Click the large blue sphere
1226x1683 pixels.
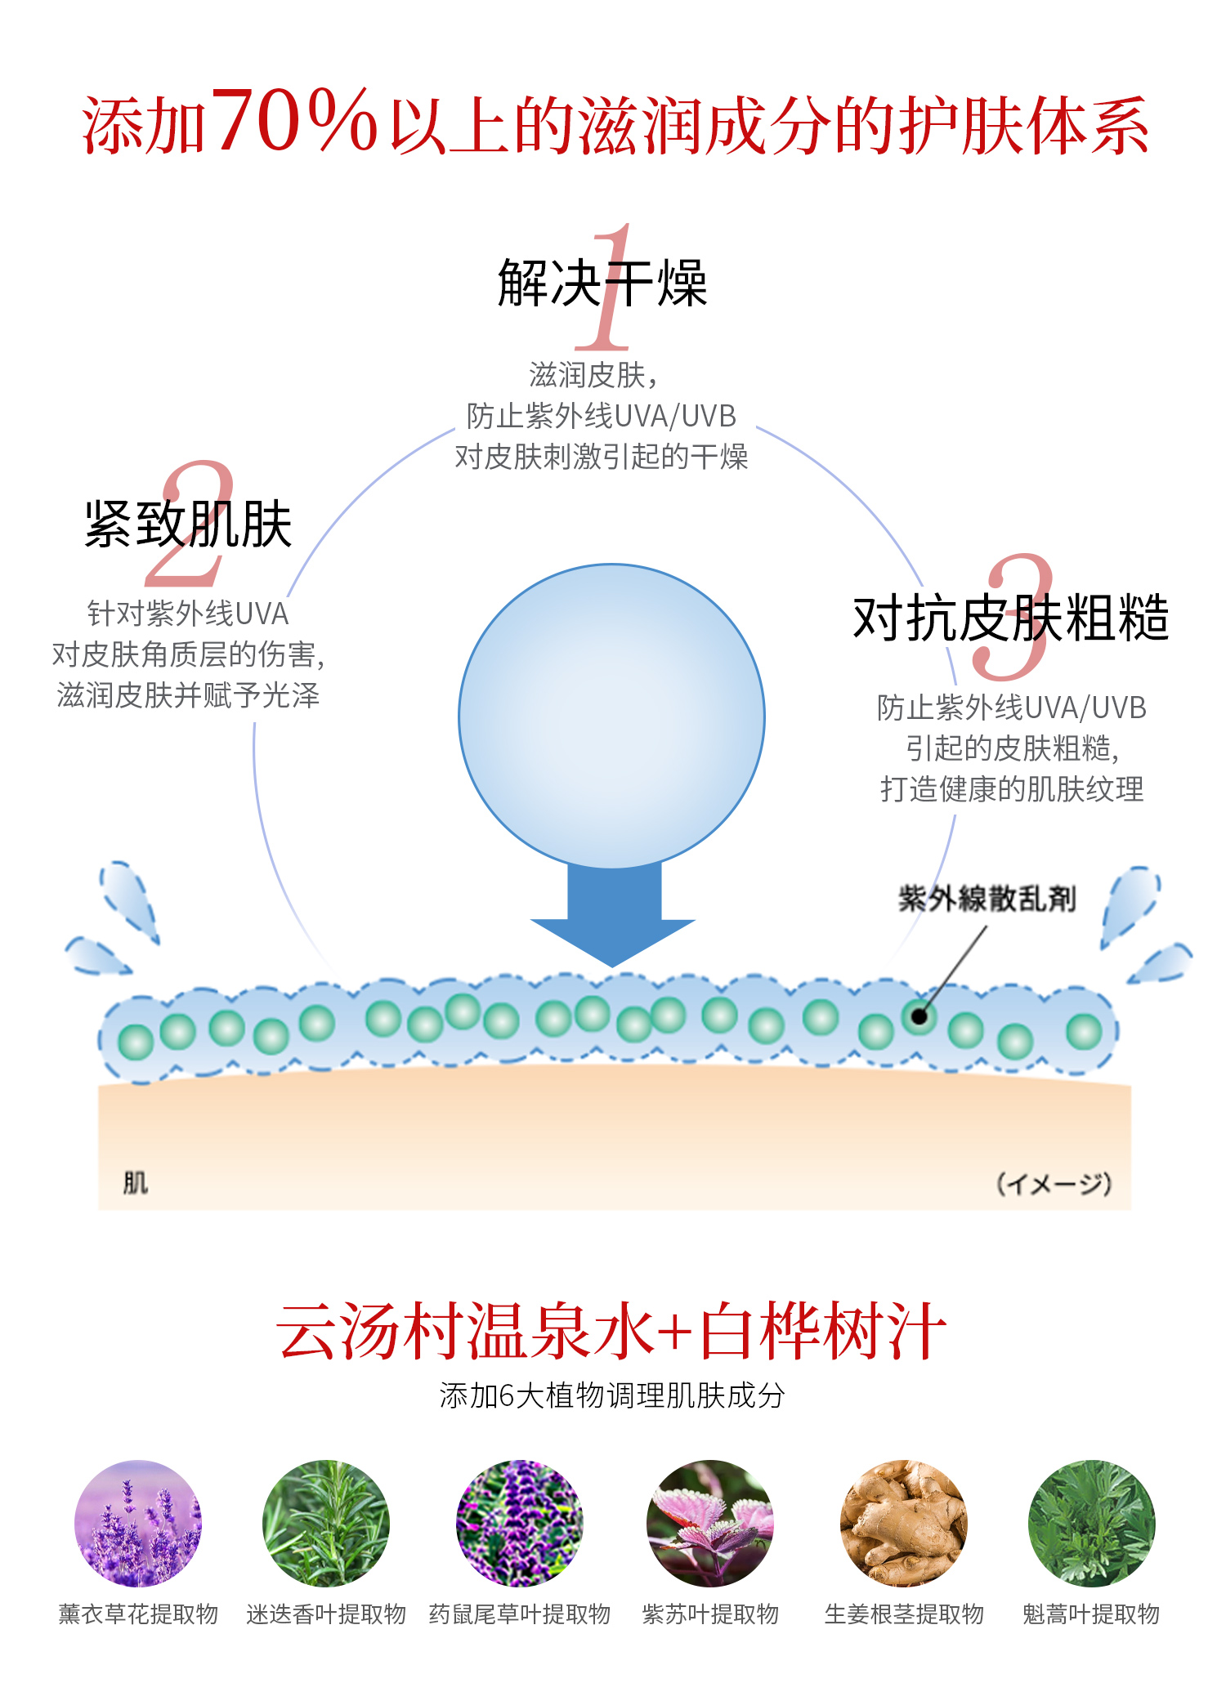coord(611,716)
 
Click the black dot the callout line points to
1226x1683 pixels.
coord(919,1016)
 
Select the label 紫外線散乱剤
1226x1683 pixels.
coord(987,899)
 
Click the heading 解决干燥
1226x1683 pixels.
coord(602,283)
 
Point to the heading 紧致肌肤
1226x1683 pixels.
coord(188,524)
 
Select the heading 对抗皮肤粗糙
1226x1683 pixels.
coord(1010,618)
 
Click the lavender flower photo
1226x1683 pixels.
coord(138,1523)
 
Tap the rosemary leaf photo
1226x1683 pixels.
coord(326,1523)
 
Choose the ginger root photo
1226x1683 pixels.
coord(904,1523)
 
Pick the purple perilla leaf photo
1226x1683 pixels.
coord(709,1523)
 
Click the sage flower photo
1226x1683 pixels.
coord(520,1523)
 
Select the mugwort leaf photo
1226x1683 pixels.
coord(1092,1523)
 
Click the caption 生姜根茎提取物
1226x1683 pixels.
coord(904,1614)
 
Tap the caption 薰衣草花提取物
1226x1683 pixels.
coord(138,1614)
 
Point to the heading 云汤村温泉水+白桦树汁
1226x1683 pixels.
coord(611,1332)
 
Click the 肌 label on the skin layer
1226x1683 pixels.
coord(135,1182)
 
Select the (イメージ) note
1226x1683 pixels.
coord(1054,1184)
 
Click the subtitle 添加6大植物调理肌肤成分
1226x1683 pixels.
coord(611,1395)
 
